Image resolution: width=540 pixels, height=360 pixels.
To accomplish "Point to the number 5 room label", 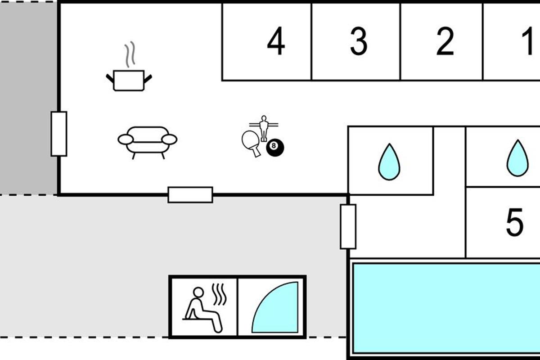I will [x=515, y=223].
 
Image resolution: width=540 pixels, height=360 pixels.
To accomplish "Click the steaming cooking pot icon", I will [x=129, y=80].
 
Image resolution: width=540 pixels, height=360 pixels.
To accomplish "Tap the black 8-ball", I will [x=275, y=148].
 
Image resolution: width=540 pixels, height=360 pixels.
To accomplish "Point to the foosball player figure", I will [x=264, y=127].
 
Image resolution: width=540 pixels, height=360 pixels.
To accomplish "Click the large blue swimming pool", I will [x=445, y=308].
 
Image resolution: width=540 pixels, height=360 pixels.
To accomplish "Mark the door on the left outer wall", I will [x=59, y=134].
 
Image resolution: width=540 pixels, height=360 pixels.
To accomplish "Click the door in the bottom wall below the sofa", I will [x=190, y=195].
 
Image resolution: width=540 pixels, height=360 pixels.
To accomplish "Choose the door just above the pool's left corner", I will [x=348, y=226].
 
